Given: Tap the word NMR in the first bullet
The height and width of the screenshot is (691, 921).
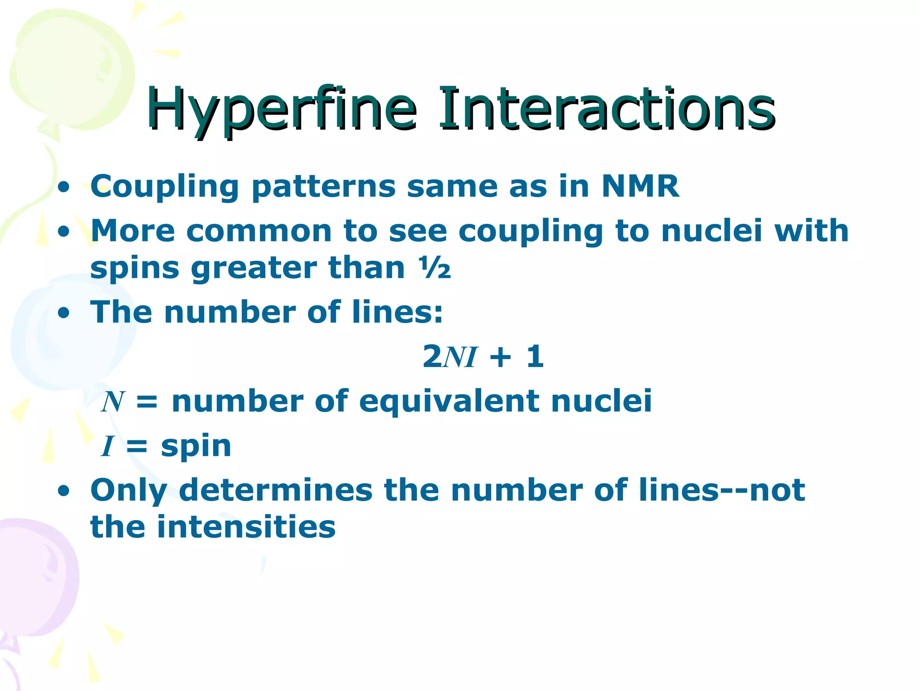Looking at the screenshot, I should coord(640,186).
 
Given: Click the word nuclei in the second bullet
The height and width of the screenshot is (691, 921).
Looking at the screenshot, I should coord(711,230).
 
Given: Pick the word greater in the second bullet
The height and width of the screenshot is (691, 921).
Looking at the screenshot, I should coord(254,269).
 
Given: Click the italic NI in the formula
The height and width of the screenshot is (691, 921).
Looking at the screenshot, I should coord(460,357).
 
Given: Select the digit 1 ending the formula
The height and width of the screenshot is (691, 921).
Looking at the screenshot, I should coord(535,356).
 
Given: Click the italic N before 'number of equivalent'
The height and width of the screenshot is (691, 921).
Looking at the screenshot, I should coord(112,401).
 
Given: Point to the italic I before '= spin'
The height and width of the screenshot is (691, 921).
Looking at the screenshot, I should coord(107,446).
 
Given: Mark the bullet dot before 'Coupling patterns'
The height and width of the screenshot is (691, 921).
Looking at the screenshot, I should coord(64,187).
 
